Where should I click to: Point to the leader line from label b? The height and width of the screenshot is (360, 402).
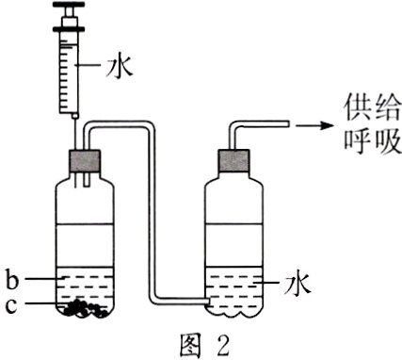pos(38,279)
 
